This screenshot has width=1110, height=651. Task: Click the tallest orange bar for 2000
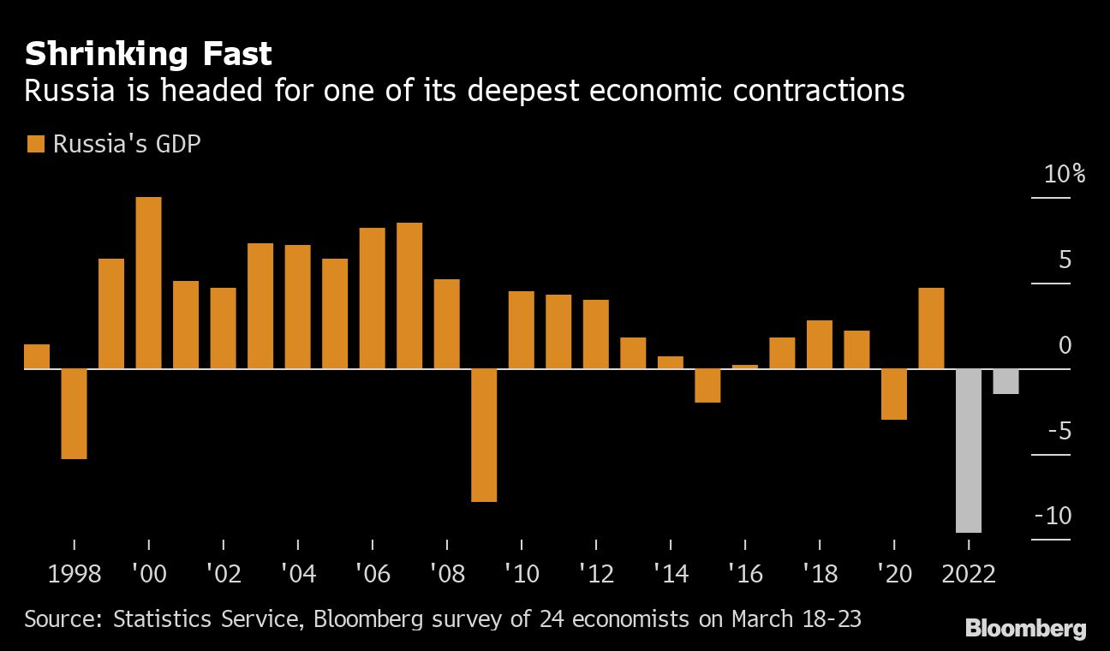[x=149, y=283]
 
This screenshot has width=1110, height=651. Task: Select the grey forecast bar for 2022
[x=969, y=451]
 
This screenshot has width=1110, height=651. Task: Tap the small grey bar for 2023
[x=1006, y=381]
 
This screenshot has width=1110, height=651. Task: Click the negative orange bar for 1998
[x=75, y=414]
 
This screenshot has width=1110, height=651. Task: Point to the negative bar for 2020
[x=894, y=394]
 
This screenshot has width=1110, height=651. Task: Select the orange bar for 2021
[x=931, y=328]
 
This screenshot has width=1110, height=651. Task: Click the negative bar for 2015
[x=707, y=385]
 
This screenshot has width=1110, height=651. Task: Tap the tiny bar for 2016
[x=745, y=367]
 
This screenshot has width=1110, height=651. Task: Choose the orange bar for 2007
[x=409, y=296]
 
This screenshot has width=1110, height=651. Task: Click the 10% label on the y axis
[x=1065, y=175]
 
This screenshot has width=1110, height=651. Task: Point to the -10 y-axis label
[x=1053, y=517]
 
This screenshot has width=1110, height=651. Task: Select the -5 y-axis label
[x=1058, y=431]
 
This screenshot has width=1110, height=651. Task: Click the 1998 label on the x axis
[x=75, y=573]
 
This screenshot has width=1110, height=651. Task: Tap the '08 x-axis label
[x=447, y=573]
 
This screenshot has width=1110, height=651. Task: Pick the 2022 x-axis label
[x=969, y=573]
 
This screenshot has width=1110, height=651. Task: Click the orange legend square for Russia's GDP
[x=35, y=144]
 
